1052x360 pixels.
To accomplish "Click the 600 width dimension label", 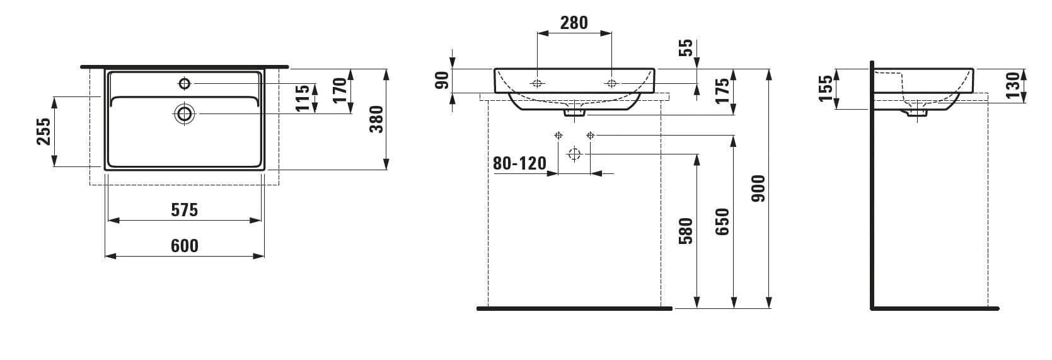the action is pyautogui.click(x=185, y=245).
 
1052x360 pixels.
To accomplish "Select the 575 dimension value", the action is pyautogui.click(x=185, y=209).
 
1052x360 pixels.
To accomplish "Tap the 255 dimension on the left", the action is pyautogui.click(x=43, y=131).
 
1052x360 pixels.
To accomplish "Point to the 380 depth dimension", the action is pyautogui.click(x=377, y=119).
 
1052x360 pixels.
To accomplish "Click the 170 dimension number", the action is pyautogui.click(x=340, y=90).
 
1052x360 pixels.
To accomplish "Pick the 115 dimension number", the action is pyautogui.click(x=303, y=98).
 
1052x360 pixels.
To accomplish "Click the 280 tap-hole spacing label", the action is pyautogui.click(x=574, y=23).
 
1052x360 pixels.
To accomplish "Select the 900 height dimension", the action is pyautogui.click(x=758, y=189).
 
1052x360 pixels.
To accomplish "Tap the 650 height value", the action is pyautogui.click(x=722, y=221).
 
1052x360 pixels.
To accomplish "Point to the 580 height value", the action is pyautogui.click(x=686, y=231).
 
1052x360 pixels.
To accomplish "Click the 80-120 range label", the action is pyautogui.click(x=519, y=163).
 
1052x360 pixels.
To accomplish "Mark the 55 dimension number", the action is pyautogui.click(x=686, y=47).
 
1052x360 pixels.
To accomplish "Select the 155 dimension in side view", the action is pyautogui.click(x=824, y=88).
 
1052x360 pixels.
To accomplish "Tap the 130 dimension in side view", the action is pyautogui.click(x=1014, y=85).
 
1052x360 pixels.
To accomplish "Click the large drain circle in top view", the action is pyautogui.click(x=185, y=113).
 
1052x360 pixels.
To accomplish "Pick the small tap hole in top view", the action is pyautogui.click(x=185, y=84).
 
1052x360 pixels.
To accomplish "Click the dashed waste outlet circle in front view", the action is pyautogui.click(x=574, y=154).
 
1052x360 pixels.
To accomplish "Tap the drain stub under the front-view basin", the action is pyautogui.click(x=574, y=113).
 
